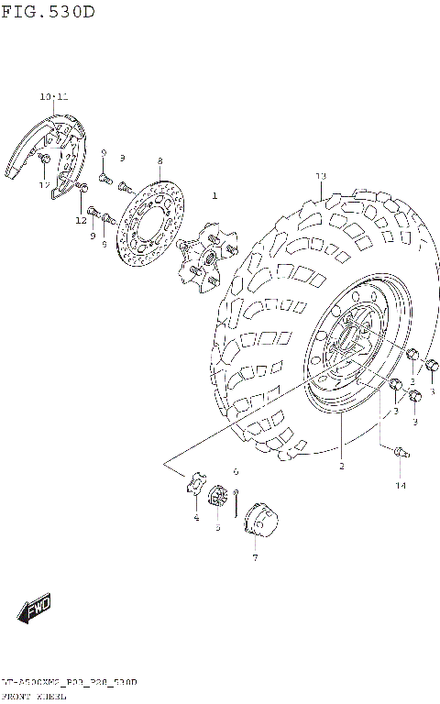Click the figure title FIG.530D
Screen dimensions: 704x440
[48, 12]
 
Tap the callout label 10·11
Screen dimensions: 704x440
[53, 96]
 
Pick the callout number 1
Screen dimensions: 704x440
[214, 195]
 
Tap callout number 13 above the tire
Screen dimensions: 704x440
[321, 175]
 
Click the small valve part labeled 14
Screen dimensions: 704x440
[399, 451]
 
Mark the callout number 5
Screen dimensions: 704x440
[217, 527]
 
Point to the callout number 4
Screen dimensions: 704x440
[195, 518]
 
